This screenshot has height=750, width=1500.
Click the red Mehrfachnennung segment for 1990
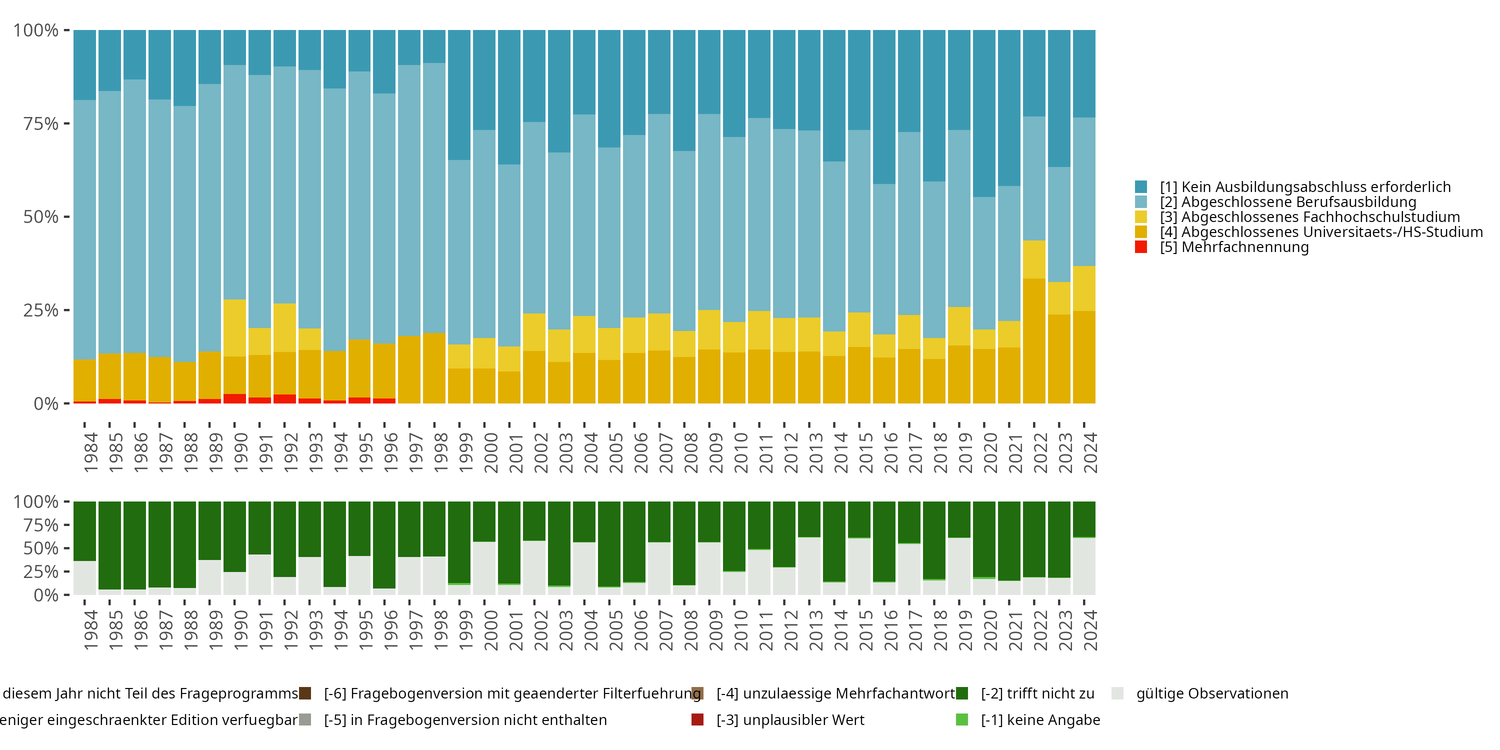234,399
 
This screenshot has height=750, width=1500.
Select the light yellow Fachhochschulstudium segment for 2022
1034,259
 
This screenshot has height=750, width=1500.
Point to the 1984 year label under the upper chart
91,452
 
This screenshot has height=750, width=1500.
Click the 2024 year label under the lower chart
1090,630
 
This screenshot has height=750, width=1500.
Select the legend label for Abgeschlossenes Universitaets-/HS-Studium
1320,232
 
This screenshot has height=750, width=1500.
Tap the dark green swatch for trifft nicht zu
962,693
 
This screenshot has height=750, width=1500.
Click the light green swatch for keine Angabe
962,719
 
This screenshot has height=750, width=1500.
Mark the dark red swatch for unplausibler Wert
697,719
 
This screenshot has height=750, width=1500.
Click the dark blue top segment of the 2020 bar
984,113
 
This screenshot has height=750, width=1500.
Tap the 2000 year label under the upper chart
491,452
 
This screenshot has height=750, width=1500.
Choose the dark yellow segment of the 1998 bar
434,368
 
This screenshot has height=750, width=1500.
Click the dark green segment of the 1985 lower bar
109,545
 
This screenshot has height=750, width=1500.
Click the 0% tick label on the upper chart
46,403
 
